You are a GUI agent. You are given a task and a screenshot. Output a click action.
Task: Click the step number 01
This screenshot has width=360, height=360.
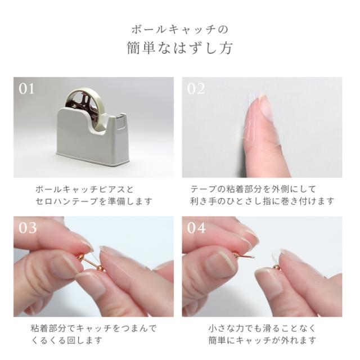(27, 89)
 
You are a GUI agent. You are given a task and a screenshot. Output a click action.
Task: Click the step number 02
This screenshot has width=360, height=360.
(196, 89)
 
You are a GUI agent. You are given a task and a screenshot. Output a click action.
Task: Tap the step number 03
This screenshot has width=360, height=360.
(28, 228)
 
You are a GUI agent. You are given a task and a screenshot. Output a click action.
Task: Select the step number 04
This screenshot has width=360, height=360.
(197, 228)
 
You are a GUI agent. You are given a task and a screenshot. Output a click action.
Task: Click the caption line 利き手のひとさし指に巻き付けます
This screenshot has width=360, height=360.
(262, 201)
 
